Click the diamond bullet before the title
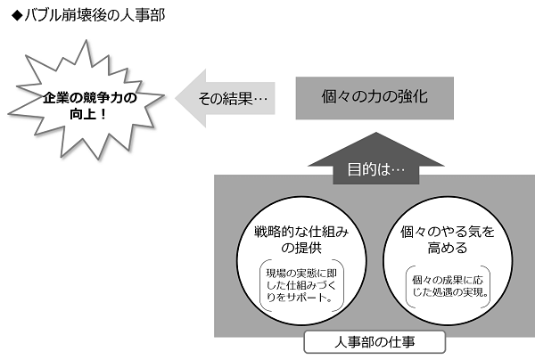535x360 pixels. coord(17,16)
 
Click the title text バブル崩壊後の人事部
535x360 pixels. coord(95,16)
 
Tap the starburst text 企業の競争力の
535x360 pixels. coord(90,98)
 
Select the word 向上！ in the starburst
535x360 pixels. coord(88,114)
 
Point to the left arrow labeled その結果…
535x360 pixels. coord(226,98)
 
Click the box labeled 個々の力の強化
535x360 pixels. coord(374,98)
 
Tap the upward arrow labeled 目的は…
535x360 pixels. coord(376,159)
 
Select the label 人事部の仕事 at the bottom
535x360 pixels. coord(374,342)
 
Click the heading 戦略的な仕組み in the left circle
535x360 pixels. coord(301,232)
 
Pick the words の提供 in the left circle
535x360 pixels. coord(301,248)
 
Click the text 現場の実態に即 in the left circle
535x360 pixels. coord(301,273)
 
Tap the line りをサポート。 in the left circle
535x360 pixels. coord(300,298)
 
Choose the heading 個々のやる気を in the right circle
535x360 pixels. coord(448,232)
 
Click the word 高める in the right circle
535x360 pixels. coord(448,248)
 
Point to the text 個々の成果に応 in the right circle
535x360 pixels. coord(448,280)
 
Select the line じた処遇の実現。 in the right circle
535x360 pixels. coord(450,292)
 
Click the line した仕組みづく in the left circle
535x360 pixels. coord(301,285)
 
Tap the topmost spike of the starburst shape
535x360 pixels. coord(86,41)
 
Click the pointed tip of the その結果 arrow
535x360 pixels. coord(176,98)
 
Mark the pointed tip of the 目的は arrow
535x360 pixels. coord(376,133)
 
